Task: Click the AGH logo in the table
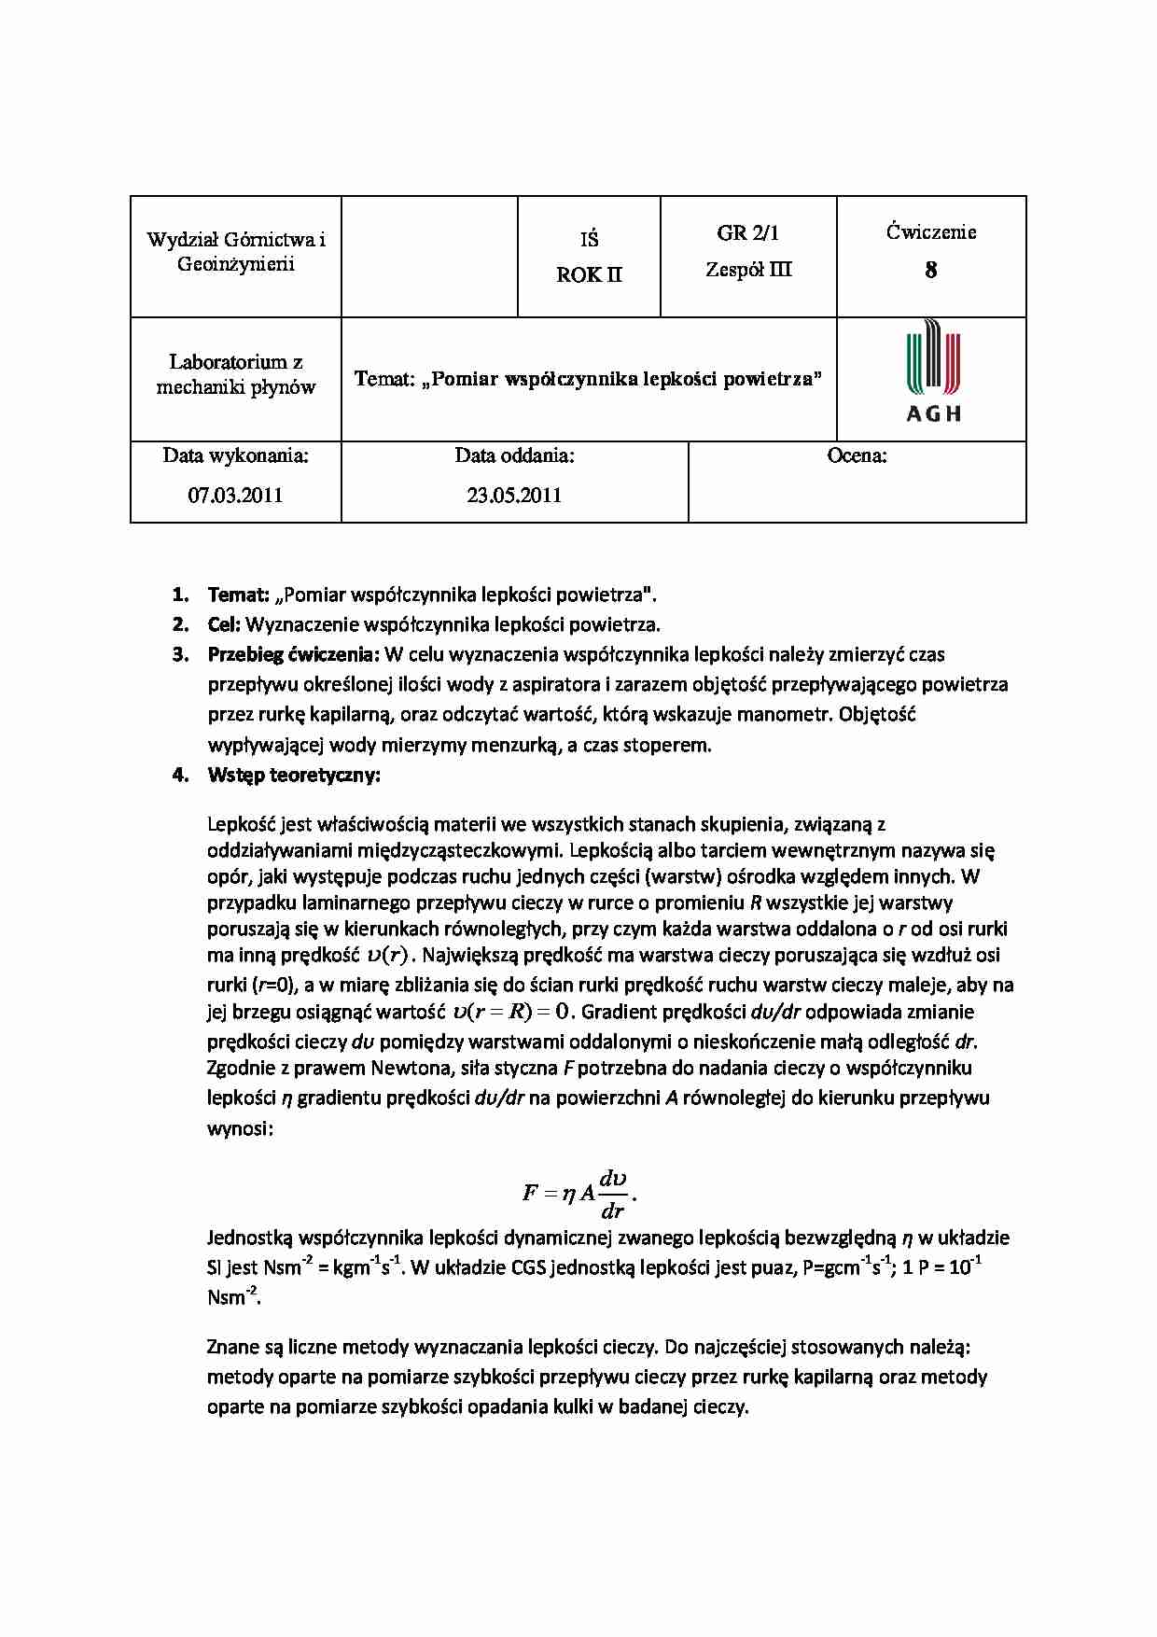click(932, 371)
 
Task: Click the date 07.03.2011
click(235, 496)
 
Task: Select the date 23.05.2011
click(514, 496)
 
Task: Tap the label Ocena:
click(857, 456)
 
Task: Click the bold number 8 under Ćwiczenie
click(930, 271)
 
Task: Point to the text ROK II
click(589, 275)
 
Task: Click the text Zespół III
click(748, 270)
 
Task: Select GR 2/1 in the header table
click(748, 233)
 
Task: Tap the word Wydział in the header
click(180, 240)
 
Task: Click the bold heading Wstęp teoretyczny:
click(294, 776)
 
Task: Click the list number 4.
click(180, 776)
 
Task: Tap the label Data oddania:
click(514, 456)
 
